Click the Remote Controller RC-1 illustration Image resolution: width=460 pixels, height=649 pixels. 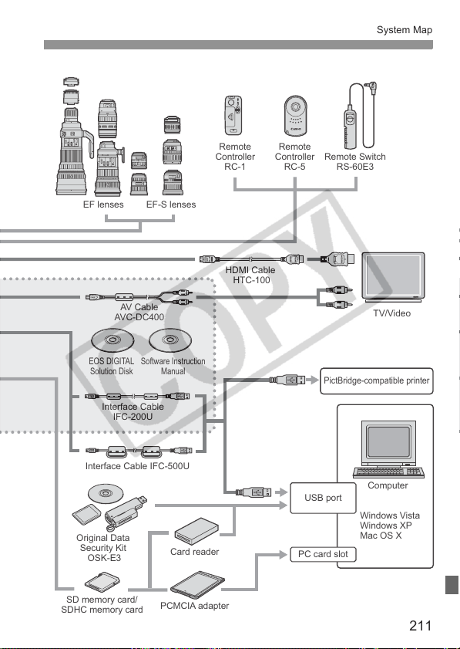coord(233,116)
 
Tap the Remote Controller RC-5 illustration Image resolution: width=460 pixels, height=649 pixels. coord(295,116)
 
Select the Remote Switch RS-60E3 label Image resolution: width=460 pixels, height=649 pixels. coord(355,162)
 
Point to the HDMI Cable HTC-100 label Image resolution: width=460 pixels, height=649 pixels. coord(250,275)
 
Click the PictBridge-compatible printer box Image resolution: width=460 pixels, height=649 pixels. coord(377,380)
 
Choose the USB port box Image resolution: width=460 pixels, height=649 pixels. coord(323,498)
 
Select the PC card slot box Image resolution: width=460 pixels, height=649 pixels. coord(323,554)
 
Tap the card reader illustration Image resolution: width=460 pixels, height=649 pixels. coord(196,531)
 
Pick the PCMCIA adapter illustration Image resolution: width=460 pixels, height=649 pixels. coord(197,585)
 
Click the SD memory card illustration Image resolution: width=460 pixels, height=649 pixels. coord(102,583)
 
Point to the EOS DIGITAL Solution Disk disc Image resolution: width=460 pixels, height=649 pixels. coord(112,340)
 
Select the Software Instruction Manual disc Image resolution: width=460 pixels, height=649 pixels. coord(170,340)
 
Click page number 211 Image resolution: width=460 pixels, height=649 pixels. coord(421,625)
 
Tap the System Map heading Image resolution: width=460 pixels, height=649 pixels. coord(405,30)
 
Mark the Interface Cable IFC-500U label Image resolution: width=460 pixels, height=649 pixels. coord(137,466)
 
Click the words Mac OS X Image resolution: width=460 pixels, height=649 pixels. coord(381,536)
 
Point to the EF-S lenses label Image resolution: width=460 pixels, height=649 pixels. coord(171,205)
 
